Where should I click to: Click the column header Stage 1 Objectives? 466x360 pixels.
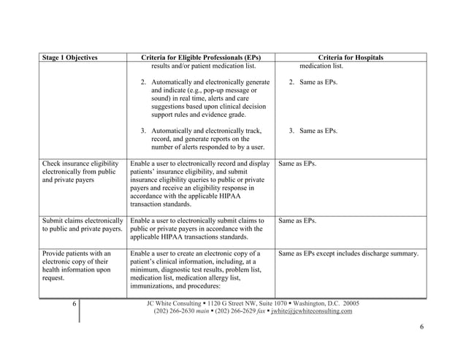(70, 58)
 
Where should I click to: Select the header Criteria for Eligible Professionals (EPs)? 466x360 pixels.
(200, 58)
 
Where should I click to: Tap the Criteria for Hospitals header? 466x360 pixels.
(351, 58)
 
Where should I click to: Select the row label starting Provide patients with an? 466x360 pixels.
(80, 253)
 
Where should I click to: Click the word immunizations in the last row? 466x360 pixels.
(153, 288)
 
